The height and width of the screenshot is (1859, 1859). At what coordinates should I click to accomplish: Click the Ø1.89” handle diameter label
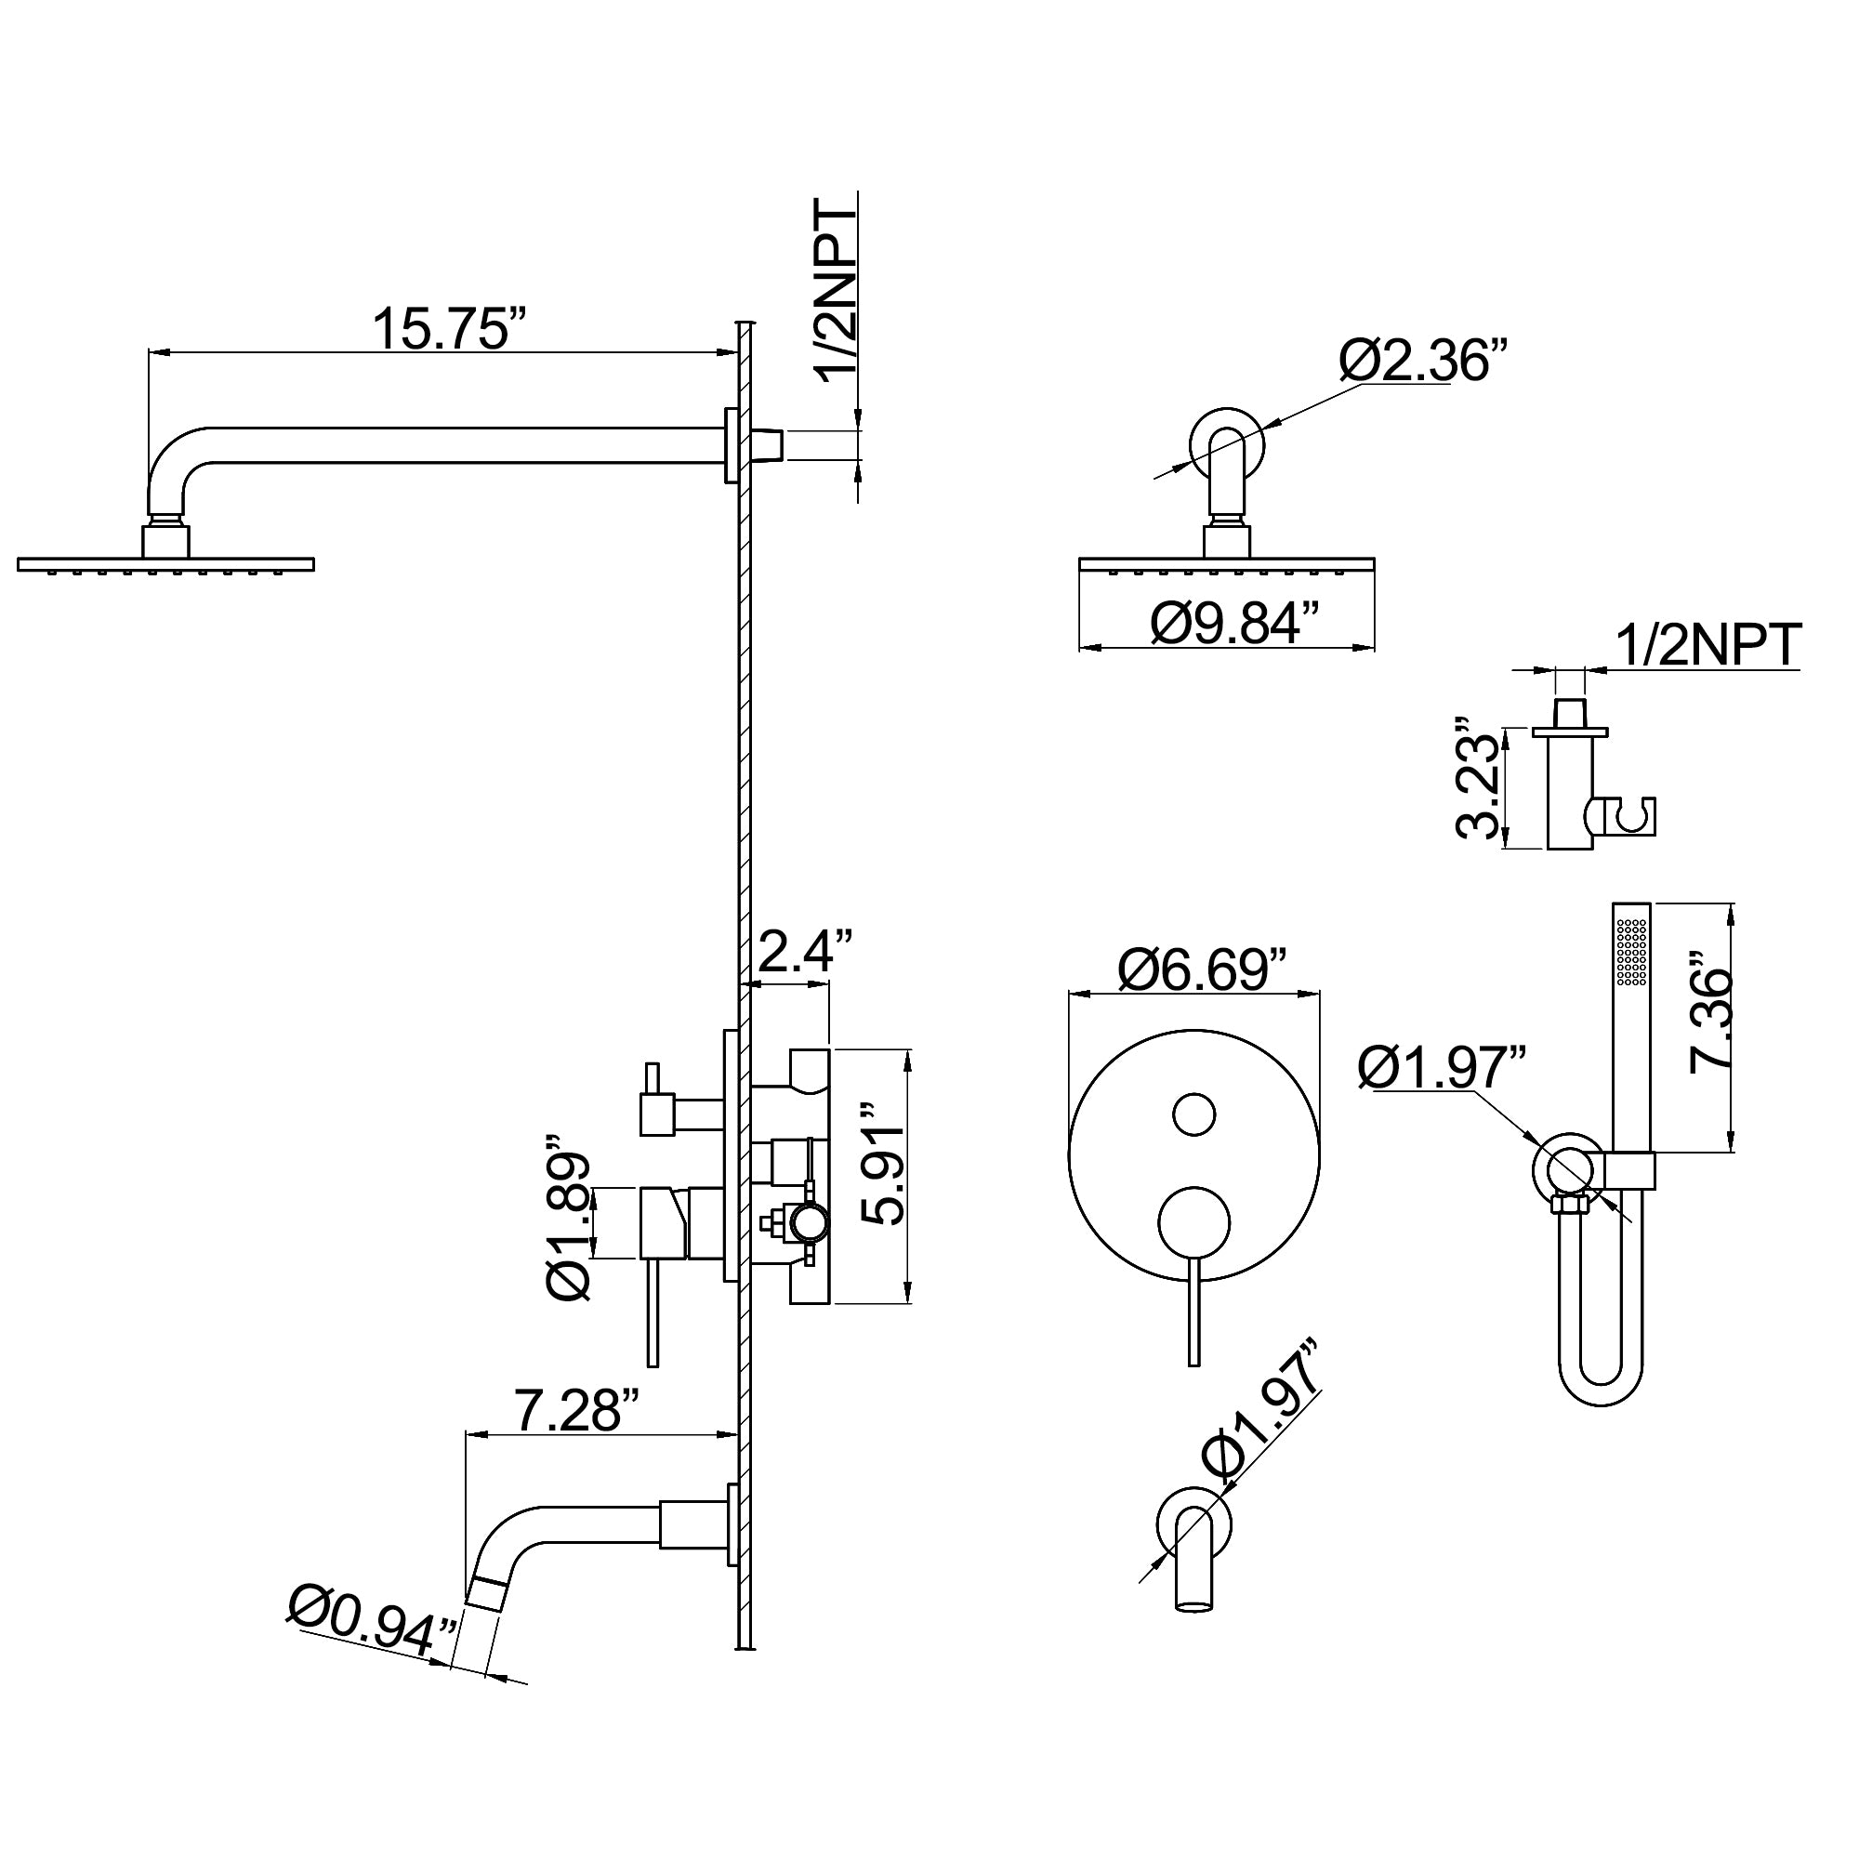(568, 1222)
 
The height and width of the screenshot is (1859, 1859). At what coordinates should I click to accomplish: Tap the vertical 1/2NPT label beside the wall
(837, 294)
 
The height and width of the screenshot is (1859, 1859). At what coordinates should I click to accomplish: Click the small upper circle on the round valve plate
(1194, 1114)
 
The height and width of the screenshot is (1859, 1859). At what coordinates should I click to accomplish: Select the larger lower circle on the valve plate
(1194, 1222)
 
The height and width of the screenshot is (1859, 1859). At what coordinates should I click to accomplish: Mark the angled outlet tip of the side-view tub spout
(489, 1593)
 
